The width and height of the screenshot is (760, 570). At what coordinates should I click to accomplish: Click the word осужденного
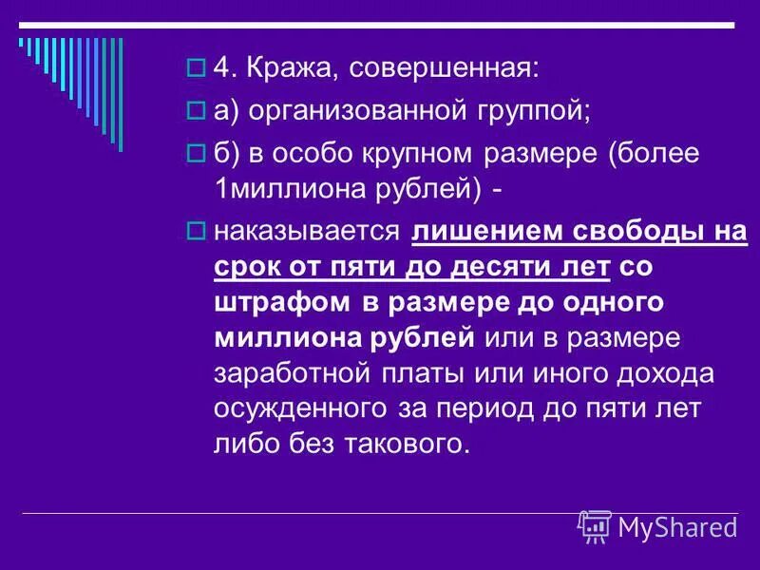coord(298,408)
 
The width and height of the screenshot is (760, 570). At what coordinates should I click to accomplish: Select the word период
coord(493,408)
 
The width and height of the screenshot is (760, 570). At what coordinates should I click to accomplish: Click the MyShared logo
coord(657,525)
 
